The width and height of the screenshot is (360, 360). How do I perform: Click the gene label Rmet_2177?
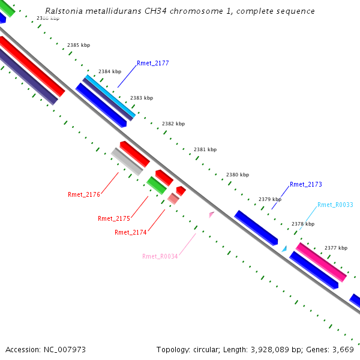click(152, 63)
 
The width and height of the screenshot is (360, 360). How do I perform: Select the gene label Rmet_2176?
click(83, 194)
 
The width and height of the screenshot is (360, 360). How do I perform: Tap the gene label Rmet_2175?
click(113, 219)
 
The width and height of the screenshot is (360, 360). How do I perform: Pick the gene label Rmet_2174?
click(130, 232)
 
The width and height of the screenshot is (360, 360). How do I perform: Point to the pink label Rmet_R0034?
click(160, 257)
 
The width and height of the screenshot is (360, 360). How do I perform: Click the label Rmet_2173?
click(305, 185)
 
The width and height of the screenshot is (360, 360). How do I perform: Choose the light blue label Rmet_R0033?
click(335, 205)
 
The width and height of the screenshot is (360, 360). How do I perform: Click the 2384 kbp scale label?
click(110, 71)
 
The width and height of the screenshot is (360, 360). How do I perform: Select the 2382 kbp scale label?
click(173, 124)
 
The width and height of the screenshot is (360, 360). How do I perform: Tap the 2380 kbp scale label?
click(237, 175)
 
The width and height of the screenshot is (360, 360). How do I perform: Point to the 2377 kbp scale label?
click(335, 248)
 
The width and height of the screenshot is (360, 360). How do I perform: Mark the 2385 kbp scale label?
click(79, 46)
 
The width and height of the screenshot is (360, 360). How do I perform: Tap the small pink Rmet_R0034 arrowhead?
click(211, 214)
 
